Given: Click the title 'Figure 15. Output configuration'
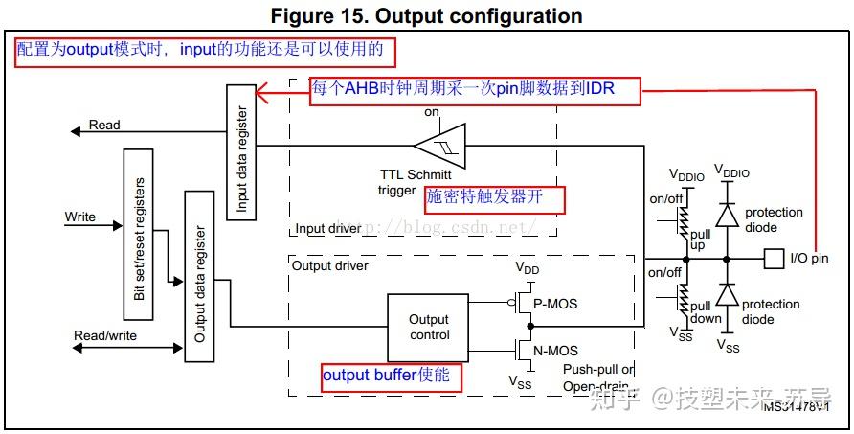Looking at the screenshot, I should point(426,16).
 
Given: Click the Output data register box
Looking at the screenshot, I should point(199,276).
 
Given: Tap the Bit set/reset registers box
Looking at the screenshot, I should point(138,235).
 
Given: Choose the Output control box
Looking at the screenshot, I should point(428,328).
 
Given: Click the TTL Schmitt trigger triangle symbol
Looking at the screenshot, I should point(438,147).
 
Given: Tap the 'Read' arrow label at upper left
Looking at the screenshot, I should point(104,125).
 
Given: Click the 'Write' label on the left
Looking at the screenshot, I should point(80,217).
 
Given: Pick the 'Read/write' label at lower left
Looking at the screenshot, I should point(104,335).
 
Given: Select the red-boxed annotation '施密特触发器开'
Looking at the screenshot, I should point(494,199).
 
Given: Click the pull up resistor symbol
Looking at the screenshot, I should point(683,219).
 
